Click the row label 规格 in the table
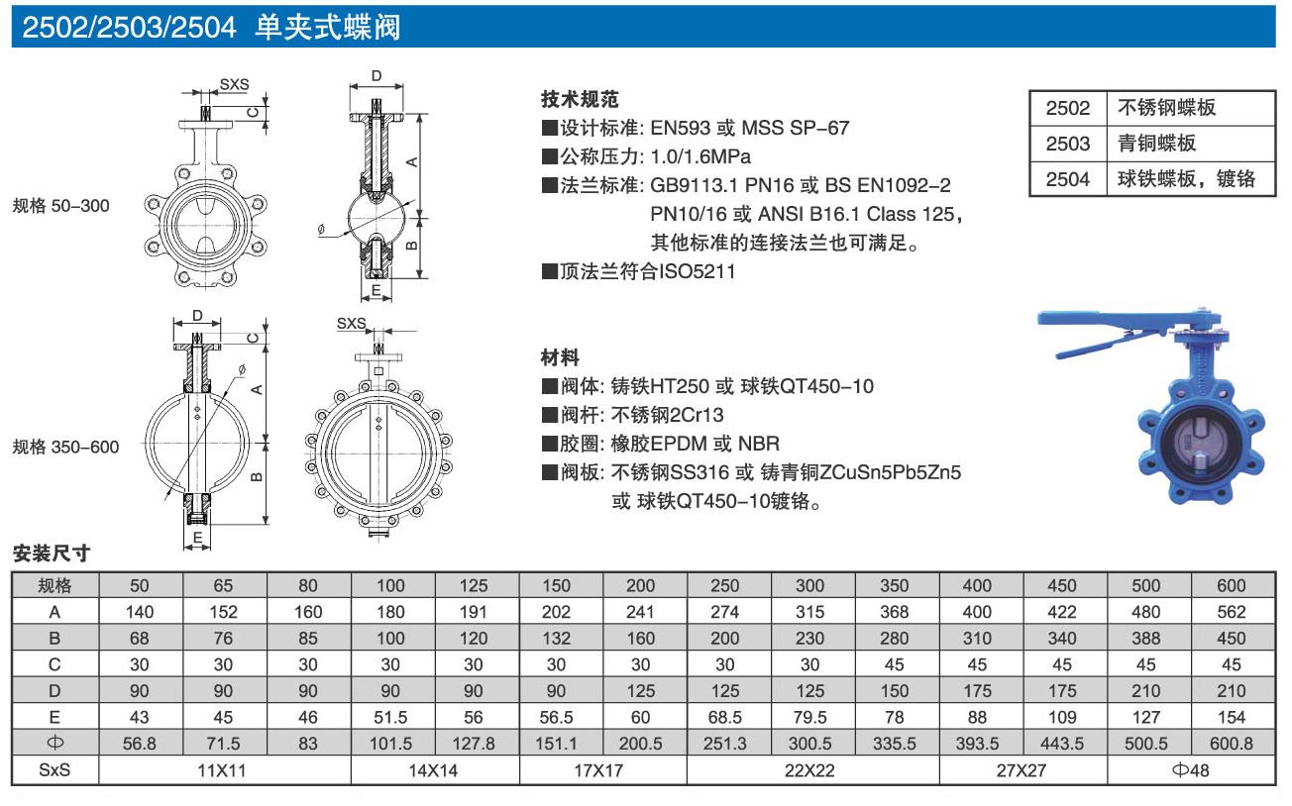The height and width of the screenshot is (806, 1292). tap(54, 585)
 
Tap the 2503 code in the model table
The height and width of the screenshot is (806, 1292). tap(1067, 143)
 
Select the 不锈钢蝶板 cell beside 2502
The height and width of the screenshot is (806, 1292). tap(1166, 108)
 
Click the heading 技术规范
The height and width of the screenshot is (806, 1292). tap(580, 100)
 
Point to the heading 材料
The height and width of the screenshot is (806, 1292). tap(560, 356)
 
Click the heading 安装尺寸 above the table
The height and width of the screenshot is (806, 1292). tap(50, 554)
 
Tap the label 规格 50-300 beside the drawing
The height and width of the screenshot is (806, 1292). tap(60, 206)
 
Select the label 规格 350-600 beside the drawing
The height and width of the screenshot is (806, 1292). tap(65, 447)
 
